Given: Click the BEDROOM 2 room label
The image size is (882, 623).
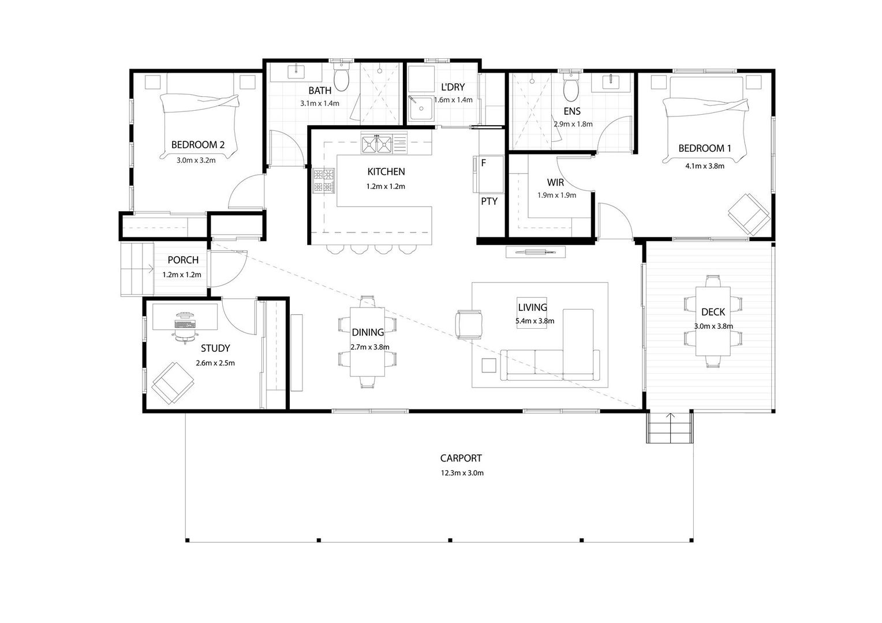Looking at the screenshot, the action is (x=197, y=145).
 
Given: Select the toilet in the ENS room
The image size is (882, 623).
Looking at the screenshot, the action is (x=571, y=87).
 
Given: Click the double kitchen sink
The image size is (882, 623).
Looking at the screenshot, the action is (x=377, y=144).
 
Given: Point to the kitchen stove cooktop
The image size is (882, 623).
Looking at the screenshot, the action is (x=324, y=181).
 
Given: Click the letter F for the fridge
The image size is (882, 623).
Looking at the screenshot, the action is (x=484, y=163).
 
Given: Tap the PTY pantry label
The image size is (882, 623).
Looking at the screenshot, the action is (x=489, y=201).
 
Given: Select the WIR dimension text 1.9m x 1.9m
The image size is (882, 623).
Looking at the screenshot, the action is (x=557, y=195).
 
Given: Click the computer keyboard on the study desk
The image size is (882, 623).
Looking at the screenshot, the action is (x=185, y=324).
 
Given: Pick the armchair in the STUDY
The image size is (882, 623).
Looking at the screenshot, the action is (x=173, y=383).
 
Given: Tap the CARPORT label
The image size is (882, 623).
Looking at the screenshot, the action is (x=461, y=458).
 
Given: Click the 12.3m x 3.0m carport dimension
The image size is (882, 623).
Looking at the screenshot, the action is (x=462, y=473).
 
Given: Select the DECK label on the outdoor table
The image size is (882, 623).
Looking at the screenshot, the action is (x=713, y=312).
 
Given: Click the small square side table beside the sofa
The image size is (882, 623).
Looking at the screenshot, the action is (x=489, y=365).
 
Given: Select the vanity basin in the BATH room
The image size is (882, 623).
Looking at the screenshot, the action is (x=296, y=72).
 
